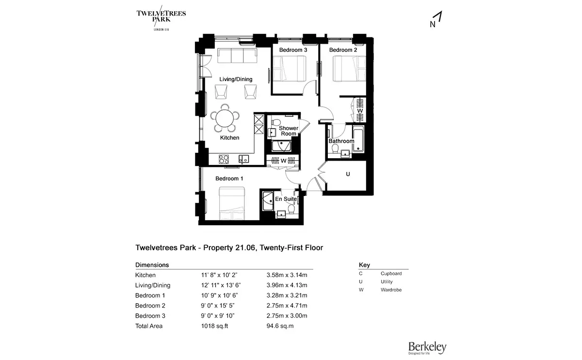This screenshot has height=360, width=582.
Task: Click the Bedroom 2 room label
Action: tap(343, 50)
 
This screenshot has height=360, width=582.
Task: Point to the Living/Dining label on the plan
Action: tap(236, 79)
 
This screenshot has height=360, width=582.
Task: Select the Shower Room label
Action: tap(288, 131)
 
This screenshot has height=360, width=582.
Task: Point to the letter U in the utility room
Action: tap(348, 174)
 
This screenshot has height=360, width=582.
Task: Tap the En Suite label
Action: tap(286, 199)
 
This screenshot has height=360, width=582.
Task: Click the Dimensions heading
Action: tap(152, 265)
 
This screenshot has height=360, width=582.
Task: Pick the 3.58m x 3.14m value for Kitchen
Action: tap(287, 275)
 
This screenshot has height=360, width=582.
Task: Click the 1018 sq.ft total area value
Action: tap(214, 326)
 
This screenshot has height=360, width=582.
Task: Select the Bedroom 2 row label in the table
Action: tap(150, 306)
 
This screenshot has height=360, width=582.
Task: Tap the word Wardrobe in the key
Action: tap(391, 290)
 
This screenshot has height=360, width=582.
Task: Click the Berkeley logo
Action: tap(427, 347)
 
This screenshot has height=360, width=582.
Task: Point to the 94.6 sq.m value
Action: tap(280, 326)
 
